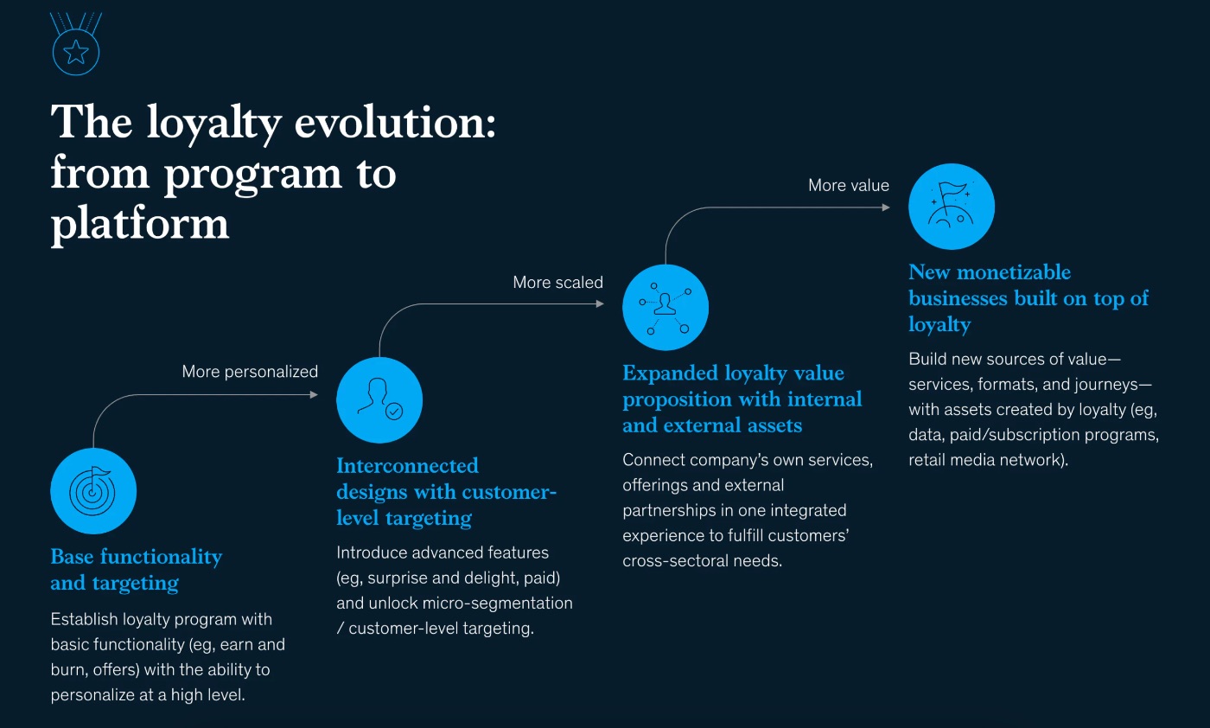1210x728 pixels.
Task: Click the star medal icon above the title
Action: coord(76,52)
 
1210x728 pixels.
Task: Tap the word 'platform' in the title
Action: coord(140,223)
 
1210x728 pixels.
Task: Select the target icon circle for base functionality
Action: coord(93,491)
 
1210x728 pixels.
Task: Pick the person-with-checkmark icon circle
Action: coord(379,399)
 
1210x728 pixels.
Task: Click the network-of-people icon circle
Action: coord(665,308)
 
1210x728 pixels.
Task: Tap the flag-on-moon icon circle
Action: coord(952,207)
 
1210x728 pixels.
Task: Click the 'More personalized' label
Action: coord(250,372)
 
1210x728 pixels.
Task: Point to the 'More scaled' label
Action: coord(557,283)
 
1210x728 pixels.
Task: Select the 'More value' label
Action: coord(848,185)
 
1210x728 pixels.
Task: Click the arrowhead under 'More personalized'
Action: coord(314,395)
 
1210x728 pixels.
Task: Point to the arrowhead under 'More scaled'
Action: coord(600,303)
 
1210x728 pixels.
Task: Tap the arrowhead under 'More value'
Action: coord(886,208)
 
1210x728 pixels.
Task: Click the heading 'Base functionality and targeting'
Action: coord(136,570)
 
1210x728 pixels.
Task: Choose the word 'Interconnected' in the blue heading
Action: coord(407,466)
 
